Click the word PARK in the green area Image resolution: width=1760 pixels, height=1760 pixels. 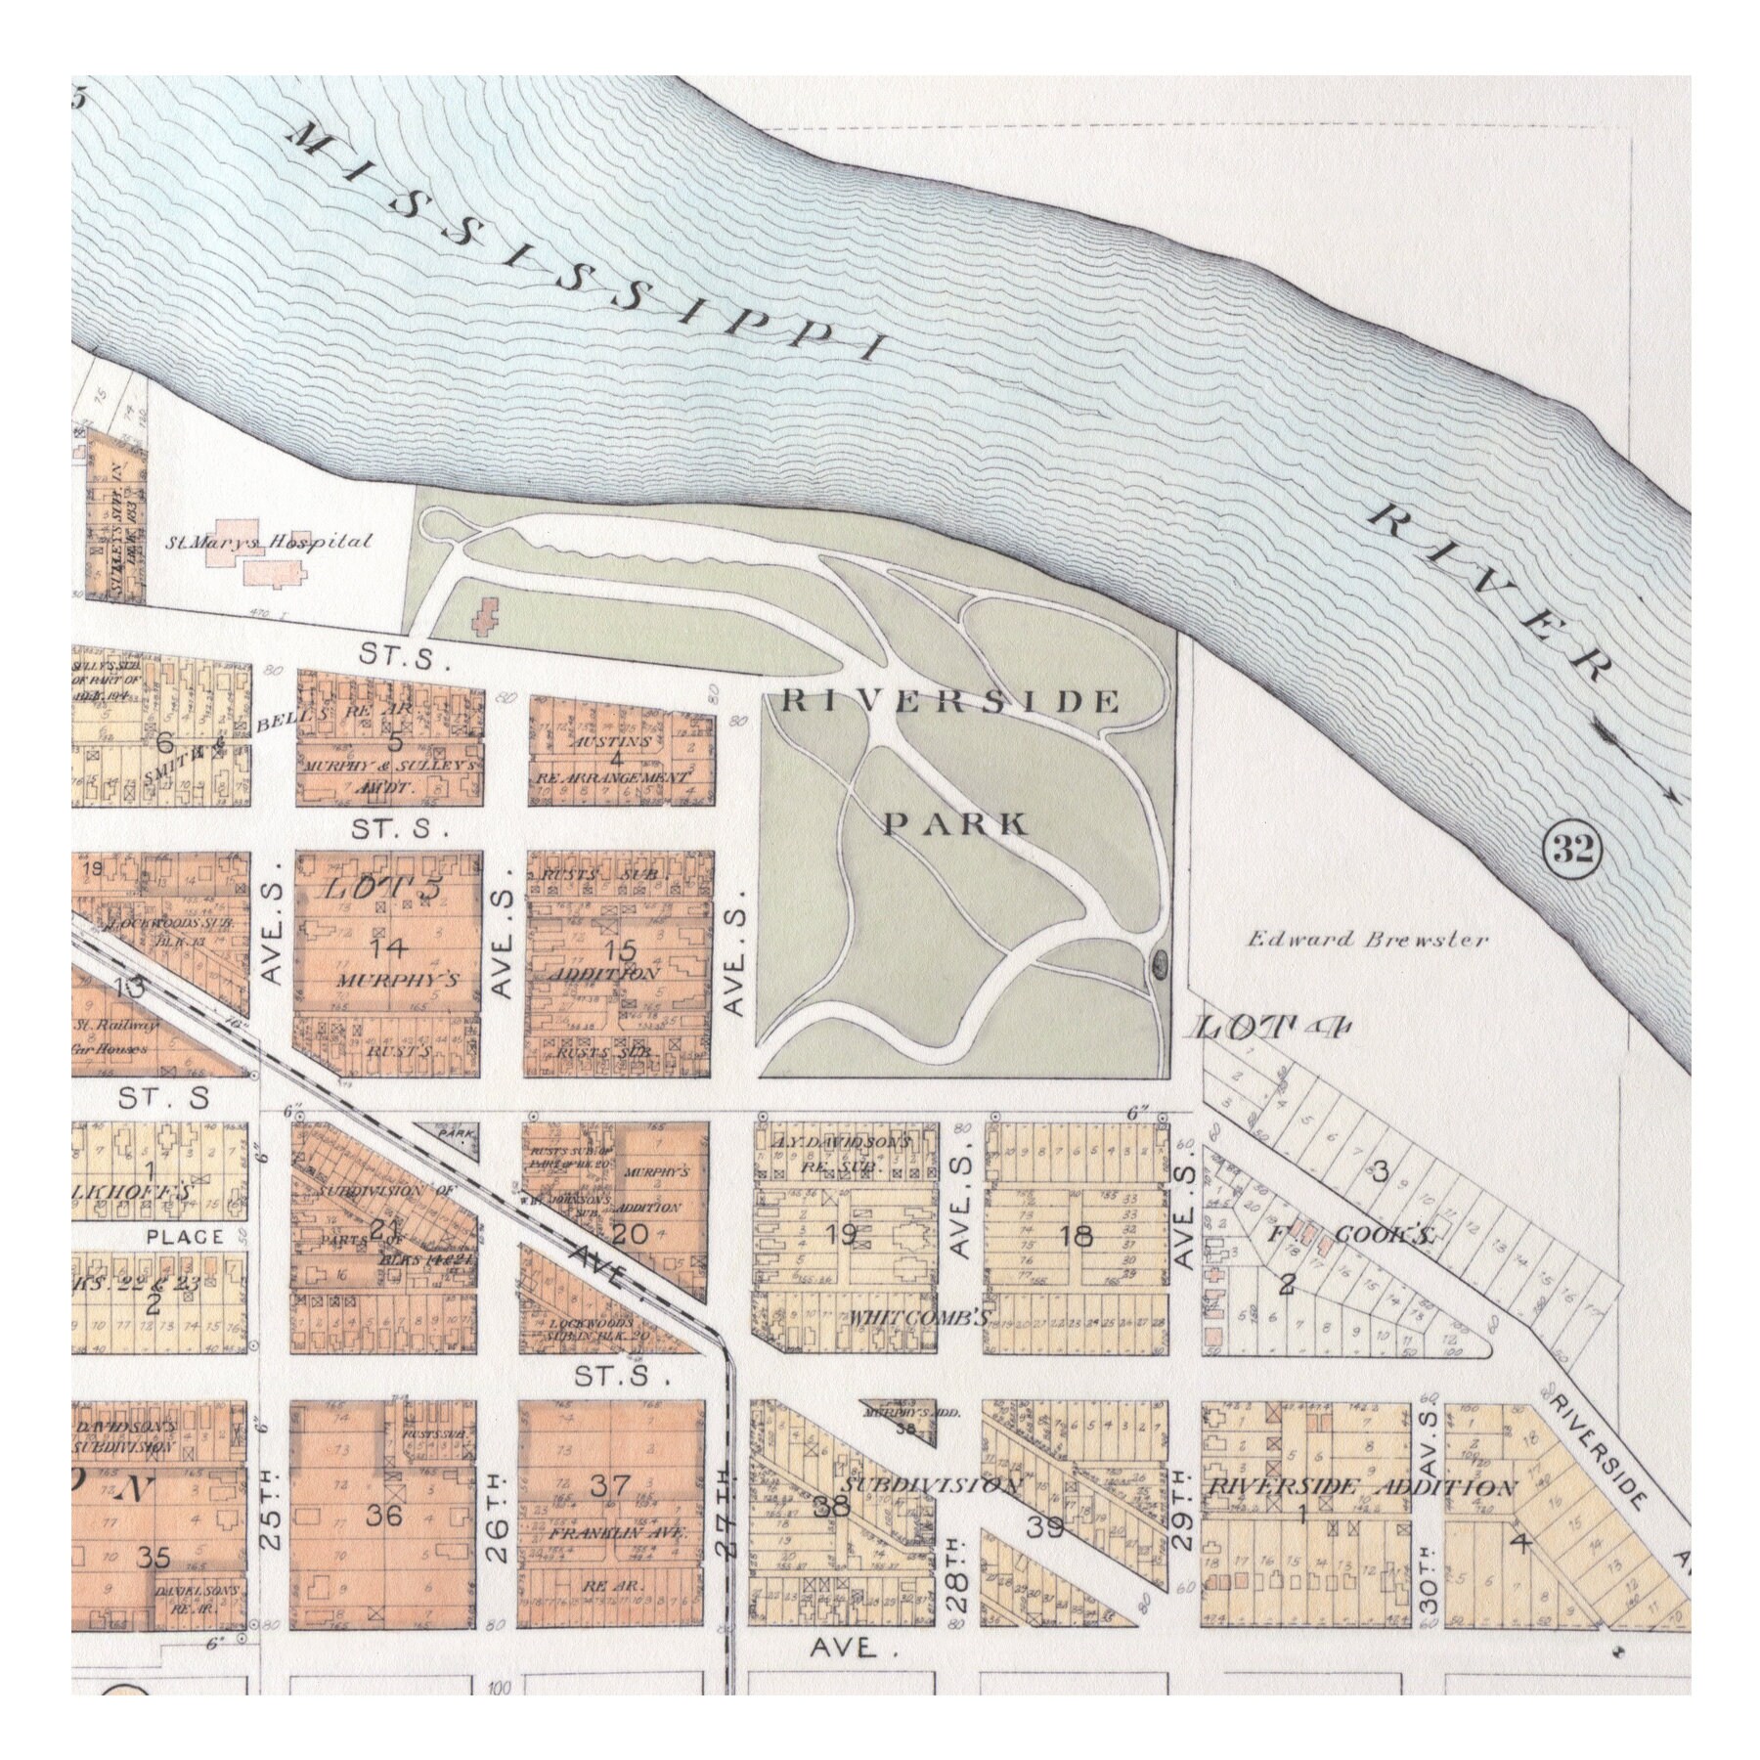[956, 823]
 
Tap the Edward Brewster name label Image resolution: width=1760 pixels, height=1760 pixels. [1367, 940]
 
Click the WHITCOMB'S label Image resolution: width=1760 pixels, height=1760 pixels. [920, 1316]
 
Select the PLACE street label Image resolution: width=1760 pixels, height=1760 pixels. [184, 1237]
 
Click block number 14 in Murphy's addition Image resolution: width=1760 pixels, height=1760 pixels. [387, 946]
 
